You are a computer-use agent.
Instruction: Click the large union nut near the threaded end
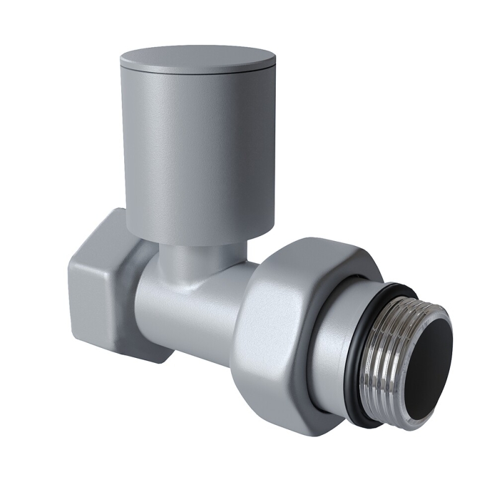click(x=280, y=323)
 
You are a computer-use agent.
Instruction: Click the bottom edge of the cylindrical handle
click(x=186, y=236)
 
